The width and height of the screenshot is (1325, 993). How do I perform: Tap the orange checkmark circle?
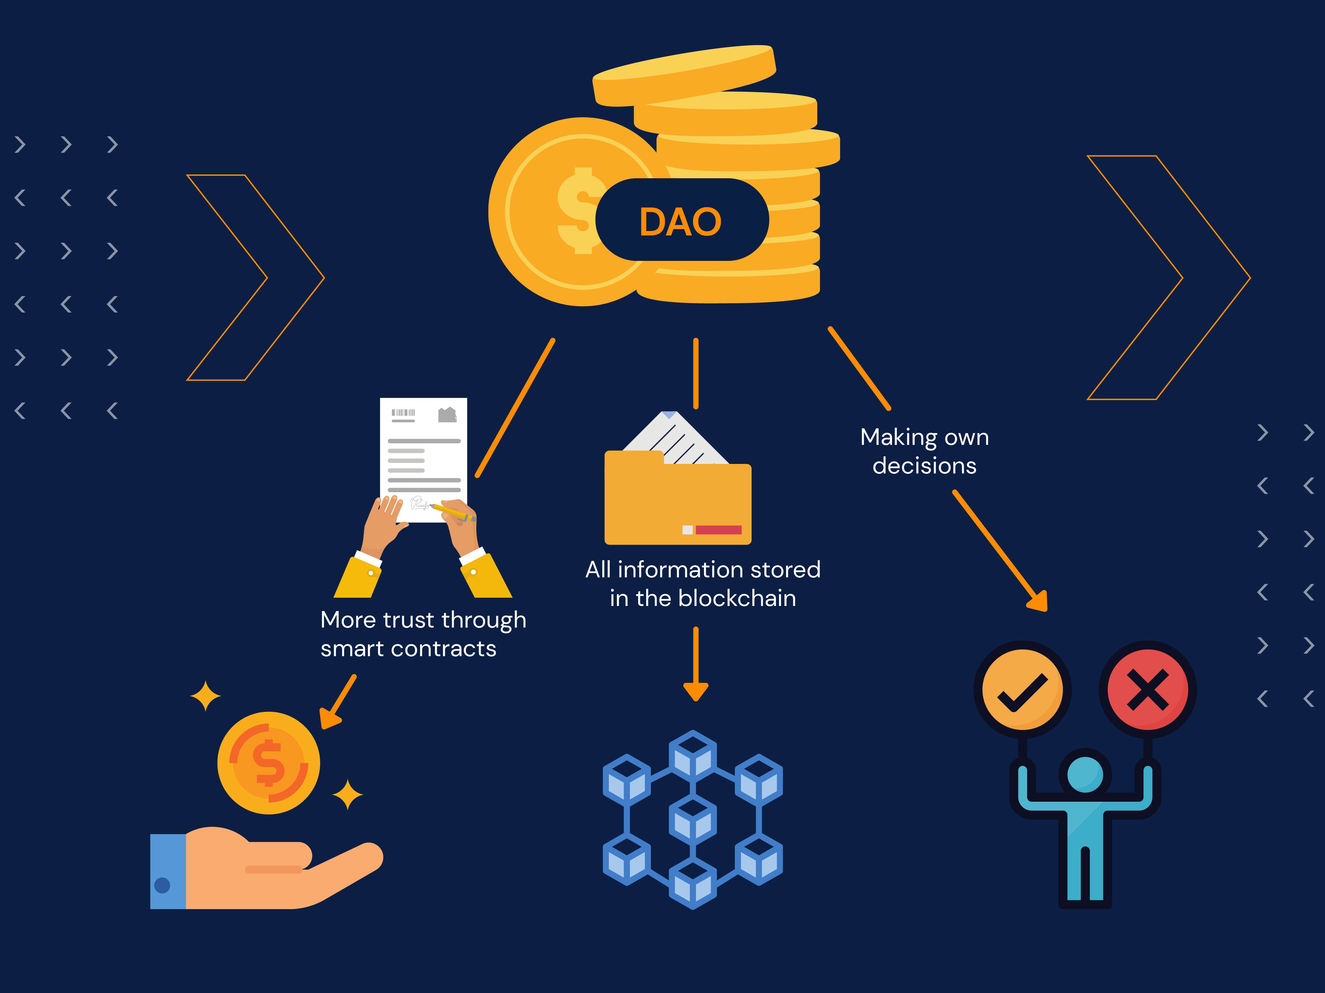click(1023, 690)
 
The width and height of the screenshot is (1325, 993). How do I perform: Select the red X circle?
click(1148, 690)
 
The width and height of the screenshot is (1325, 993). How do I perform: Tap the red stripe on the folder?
click(718, 530)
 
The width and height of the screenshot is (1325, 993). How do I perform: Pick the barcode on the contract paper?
click(403, 412)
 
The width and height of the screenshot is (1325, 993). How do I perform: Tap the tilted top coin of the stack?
click(684, 72)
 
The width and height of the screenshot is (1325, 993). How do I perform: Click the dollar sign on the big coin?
click(577, 211)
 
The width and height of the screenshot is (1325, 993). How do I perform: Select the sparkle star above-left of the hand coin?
click(205, 696)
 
